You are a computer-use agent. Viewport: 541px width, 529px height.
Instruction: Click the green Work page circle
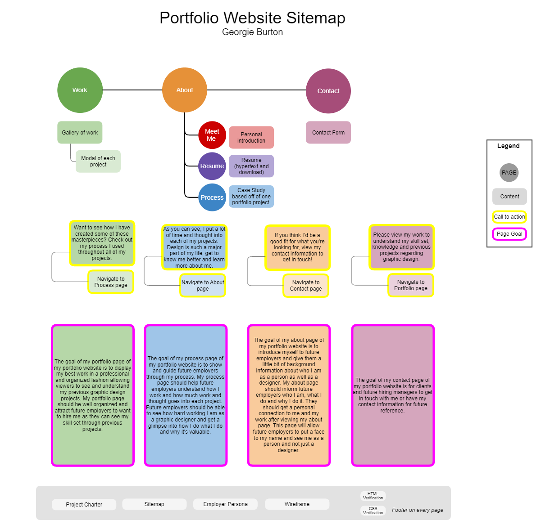[x=80, y=90]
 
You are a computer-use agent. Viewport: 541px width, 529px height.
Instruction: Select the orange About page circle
[x=185, y=90]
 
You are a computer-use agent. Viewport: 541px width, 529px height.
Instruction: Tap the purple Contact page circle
[x=328, y=91]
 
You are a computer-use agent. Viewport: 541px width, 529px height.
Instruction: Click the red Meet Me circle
[x=212, y=135]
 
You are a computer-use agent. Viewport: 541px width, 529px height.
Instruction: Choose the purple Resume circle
[x=212, y=166]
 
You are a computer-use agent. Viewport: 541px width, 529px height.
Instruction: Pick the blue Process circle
[x=212, y=197]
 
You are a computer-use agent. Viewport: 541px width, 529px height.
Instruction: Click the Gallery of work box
[x=80, y=133]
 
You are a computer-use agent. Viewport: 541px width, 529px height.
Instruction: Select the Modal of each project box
[x=98, y=161]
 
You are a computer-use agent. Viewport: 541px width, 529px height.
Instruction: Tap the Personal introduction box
[x=251, y=138]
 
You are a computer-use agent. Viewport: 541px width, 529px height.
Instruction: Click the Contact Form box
[x=328, y=133]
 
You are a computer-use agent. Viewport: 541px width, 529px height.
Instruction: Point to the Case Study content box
[x=251, y=197]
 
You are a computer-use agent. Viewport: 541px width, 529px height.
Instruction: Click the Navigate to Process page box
[x=111, y=282]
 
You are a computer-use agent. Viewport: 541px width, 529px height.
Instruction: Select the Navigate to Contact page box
[x=306, y=286]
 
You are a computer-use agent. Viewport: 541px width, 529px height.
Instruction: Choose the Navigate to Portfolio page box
[x=411, y=285]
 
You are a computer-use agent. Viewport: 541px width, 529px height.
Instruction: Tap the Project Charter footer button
[x=84, y=505]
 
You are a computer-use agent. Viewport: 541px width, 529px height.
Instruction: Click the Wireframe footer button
[x=297, y=504]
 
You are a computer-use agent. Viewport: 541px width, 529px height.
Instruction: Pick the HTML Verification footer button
[x=373, y=496]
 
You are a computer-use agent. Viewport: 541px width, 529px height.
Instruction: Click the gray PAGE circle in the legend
[x=509, y=173]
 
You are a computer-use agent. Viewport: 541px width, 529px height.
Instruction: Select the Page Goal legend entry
[x=509, y=234]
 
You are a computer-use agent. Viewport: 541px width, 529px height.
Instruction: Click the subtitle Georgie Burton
[x=252, y=32]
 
